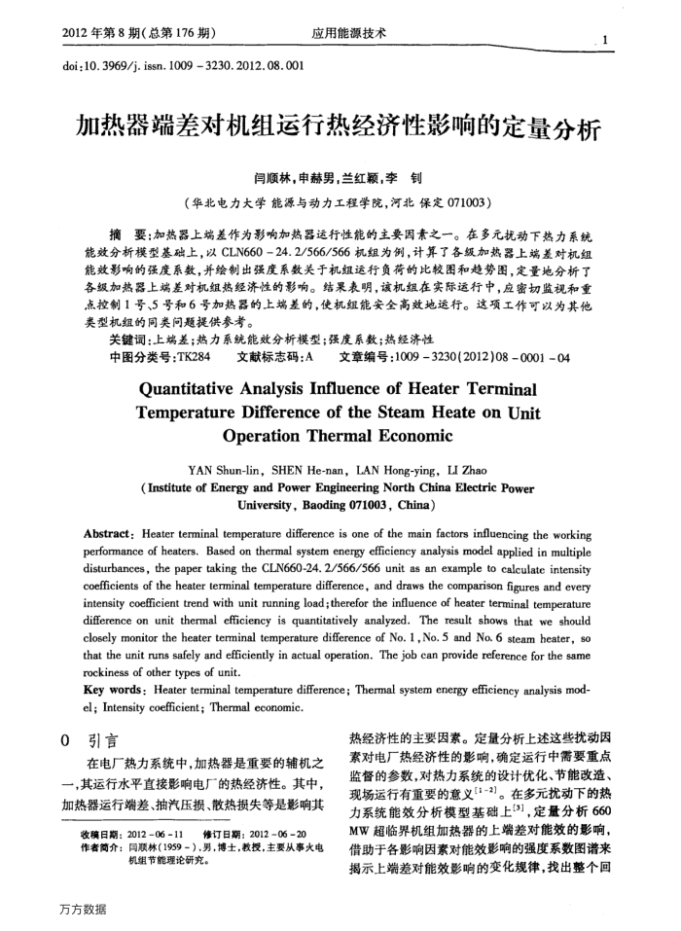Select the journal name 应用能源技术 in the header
(x=349, y=34)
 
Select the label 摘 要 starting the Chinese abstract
(x=129, y=236)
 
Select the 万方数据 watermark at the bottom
(x=82, y=909)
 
